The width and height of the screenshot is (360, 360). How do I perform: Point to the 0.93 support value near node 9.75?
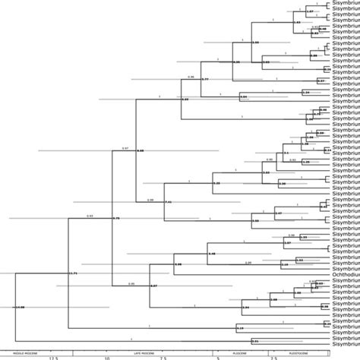coord(90,215)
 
